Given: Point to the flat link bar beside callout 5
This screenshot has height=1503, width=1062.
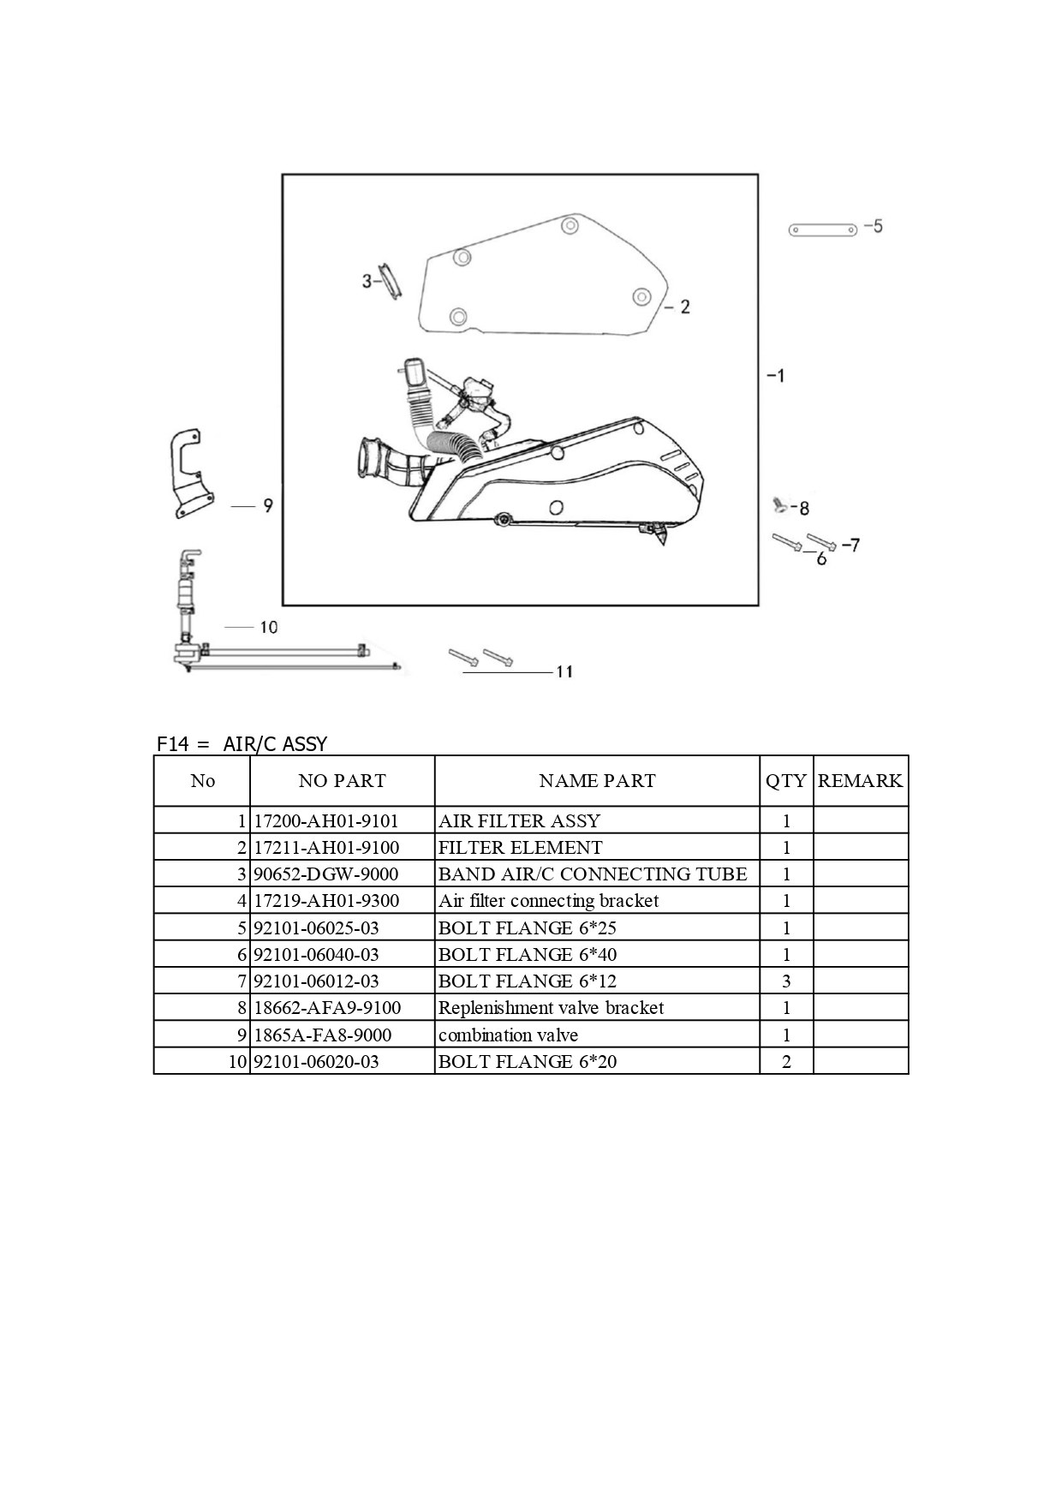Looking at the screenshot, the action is tap(822, 230).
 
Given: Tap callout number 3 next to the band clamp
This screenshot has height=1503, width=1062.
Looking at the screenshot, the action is tap(367, 280).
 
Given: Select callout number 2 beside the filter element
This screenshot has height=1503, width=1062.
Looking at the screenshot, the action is tap(684, 307).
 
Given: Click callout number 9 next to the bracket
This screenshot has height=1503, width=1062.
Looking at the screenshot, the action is tap(268, 506).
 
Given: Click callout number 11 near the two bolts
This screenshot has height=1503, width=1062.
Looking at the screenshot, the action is tap(564, 671).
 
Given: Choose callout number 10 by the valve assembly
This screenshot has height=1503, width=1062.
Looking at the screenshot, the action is tap(269, 628).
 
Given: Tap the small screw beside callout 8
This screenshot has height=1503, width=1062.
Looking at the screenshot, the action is tap(779, 505).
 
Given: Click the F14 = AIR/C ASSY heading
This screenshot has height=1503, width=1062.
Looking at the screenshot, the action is tap(242, 743).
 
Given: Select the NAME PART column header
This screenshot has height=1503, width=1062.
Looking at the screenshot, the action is tap(597, 781).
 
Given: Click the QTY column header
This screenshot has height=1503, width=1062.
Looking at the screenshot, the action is tap(786, 781).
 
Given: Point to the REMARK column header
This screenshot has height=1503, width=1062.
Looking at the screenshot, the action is tap(860, 781).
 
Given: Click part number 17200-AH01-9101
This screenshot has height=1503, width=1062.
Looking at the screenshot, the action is tap(326, 820).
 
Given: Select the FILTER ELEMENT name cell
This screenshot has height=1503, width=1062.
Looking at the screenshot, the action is tap(520, 848).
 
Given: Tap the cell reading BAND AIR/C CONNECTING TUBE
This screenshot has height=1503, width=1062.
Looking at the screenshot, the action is tap(593, 874).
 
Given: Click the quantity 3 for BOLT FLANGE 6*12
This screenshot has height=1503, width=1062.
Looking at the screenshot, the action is tap(786, 981).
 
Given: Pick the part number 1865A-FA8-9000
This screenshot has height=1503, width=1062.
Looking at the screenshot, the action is tap(323, 1035).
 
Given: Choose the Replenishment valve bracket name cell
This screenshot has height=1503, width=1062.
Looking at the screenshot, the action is tap(551, 1008).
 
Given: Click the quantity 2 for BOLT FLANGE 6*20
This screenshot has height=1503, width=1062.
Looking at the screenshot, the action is tap(786, 1062).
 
